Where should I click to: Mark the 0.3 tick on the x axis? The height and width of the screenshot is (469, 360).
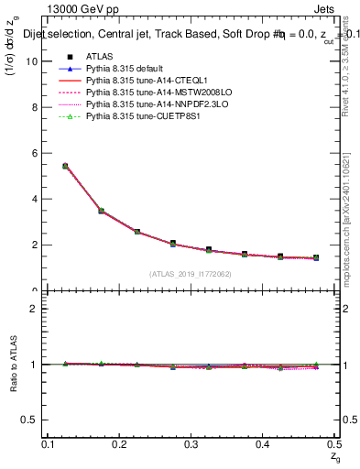click(x=191, y=444)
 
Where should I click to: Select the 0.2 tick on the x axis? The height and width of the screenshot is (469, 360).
click(x=120, y=444)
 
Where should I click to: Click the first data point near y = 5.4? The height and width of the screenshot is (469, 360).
click(x=65, y=166)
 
